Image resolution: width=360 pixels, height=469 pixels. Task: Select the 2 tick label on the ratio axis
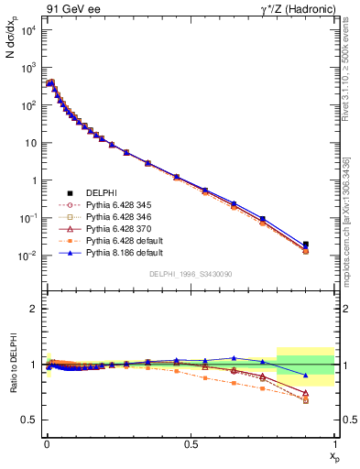pos(35,309)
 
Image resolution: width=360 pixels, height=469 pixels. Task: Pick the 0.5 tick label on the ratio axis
pos(31,420)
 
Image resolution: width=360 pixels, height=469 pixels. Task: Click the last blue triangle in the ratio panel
pos(306,376)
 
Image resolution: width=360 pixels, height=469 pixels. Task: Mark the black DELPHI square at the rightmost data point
pos(306,245)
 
